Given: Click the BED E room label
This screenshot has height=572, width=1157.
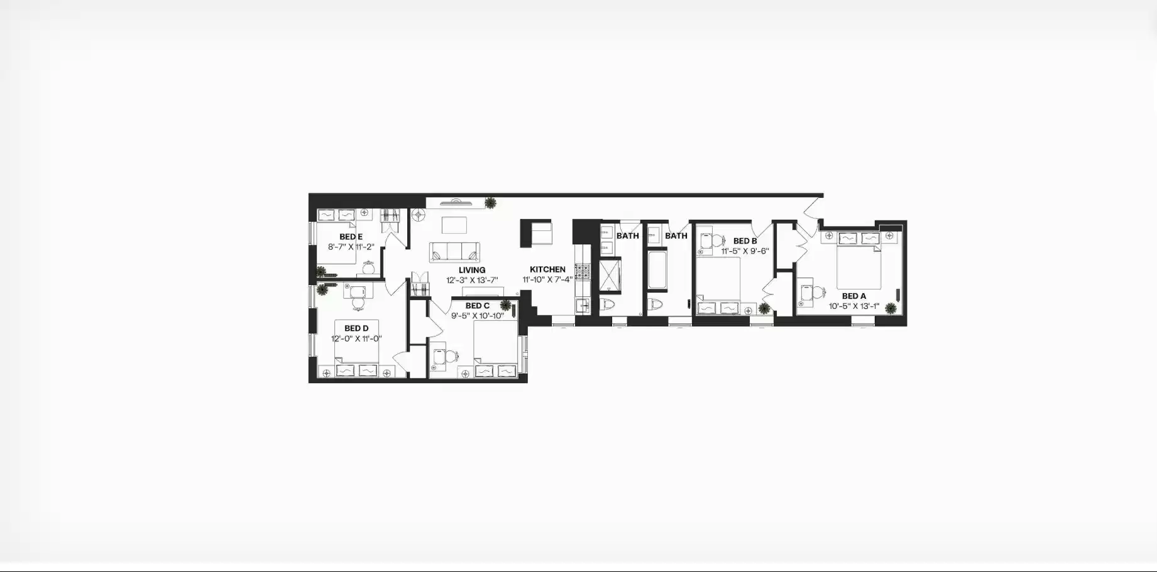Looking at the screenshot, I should pyautogui.click(x=351, y=237).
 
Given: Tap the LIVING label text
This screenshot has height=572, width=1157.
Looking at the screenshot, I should pyautogui.click(x=472, y=270).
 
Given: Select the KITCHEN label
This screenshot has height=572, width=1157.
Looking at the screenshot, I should pyautogui.click(x=547, y=269).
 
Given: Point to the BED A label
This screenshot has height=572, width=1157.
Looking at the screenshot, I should pyautogui.click(x=854, y=296).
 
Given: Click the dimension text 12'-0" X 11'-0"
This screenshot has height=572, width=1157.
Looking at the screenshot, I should pyautogui.click(x=356, y=339).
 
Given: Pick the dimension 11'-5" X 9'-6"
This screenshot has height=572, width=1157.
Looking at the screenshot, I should pyautogui.click(x=745, y=251).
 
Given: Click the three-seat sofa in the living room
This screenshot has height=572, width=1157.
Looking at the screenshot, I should pyautogui.click(x=454, y=252).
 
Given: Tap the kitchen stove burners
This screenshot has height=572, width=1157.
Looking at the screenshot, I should pyautogui.click(x=583, y=271).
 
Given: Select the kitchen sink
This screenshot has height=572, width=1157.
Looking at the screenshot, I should pyautogui.click(x=582, y=305).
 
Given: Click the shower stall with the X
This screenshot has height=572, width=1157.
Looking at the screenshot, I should pyautogui.click(x=609, y=276).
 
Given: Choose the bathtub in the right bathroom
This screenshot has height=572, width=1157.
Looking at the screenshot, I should pyautogui.click(x=657, y=271).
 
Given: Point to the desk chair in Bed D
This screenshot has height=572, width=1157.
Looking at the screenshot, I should pyautogui.click(x=358, y=303).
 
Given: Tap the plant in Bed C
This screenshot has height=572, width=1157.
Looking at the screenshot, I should pyautogui.click(x=505, y=305).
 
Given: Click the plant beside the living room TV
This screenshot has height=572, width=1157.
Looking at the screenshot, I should pyautogui.click(x=490, y=202).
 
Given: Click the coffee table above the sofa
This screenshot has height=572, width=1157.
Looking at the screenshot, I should pyautogui.click(x=454, y=225).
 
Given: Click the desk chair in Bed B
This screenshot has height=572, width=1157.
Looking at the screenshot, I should pyautogui.click(x=716, y=240).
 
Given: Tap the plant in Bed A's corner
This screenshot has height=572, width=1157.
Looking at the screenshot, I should pyautogui.click(x=891, y=308).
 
